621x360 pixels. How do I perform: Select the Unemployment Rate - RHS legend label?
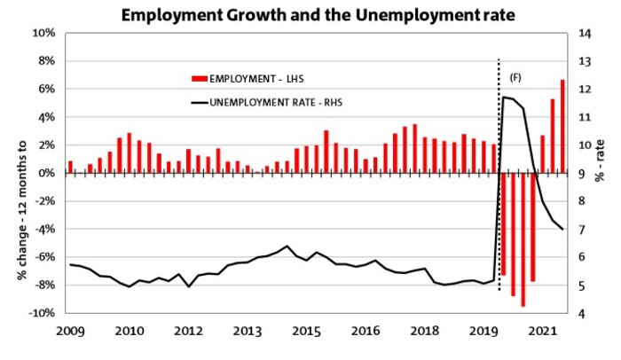[277, 102]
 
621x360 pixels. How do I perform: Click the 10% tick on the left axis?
[44, 34]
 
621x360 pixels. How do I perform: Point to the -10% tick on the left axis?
[42, 313]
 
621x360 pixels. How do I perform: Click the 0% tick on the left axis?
[47, 173]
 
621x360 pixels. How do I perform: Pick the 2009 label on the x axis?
[71, 331]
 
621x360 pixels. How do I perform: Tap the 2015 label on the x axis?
[307, 331]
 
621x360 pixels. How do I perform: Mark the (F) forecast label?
[515, 78]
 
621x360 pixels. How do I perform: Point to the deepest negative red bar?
[523, 239]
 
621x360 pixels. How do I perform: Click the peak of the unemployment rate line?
[504, 97]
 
